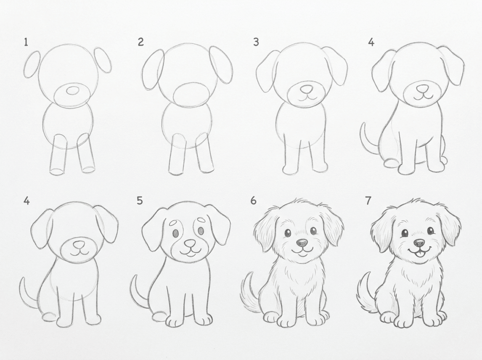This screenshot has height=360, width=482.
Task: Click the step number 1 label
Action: (26, 42)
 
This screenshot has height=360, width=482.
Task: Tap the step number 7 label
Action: (368, 201)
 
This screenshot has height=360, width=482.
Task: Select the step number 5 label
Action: (140, 201)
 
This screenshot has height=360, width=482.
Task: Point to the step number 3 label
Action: (256, 42)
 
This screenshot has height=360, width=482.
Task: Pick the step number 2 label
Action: (141, 42)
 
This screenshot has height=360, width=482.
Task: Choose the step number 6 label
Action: (254, 201)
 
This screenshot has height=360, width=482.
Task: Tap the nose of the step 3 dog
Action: (306, 88)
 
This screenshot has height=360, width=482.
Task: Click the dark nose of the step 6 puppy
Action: (302, 243)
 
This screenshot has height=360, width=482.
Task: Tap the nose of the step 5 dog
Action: (190, 243)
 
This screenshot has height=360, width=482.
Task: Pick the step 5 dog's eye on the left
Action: (176, 232)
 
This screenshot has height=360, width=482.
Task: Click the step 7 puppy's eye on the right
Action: (430, 231)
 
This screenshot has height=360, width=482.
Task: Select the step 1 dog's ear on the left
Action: (32, 65)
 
